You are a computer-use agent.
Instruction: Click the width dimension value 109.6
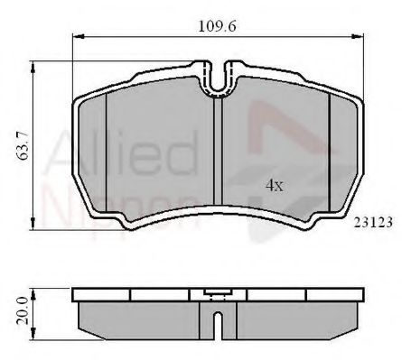[220, 26]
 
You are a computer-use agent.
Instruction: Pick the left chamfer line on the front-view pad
[107, 153]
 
